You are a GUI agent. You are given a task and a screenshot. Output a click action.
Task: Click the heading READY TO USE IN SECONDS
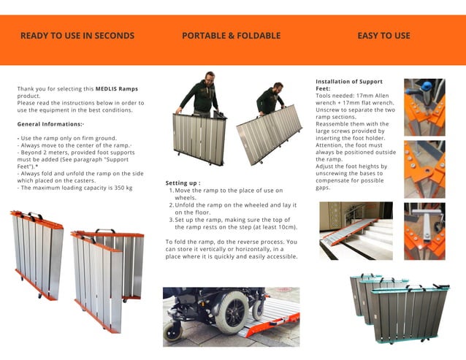pos(77,36)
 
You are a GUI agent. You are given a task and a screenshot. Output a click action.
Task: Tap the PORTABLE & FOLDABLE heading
pos(231,36)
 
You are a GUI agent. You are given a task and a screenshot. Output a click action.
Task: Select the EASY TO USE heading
pos(383,36)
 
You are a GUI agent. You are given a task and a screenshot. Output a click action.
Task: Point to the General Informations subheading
pos(50,124)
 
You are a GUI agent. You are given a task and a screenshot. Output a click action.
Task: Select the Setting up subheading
pos(183,183)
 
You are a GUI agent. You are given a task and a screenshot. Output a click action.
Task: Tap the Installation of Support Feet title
pos(348,85)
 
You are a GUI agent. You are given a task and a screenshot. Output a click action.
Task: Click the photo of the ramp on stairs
pos(356,230)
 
